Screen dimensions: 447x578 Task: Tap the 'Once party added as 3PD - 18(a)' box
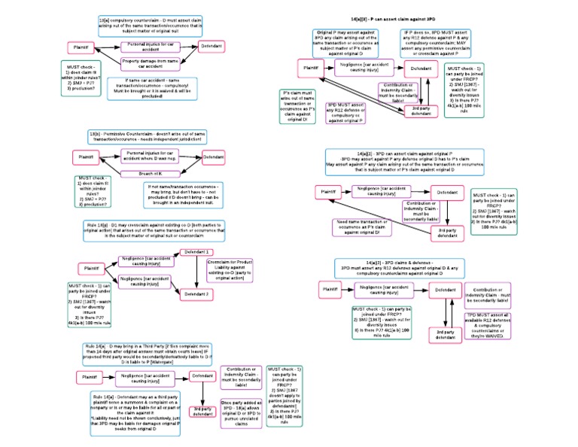point(241,414)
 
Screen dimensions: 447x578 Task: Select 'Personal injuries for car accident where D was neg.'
point(154,156)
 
